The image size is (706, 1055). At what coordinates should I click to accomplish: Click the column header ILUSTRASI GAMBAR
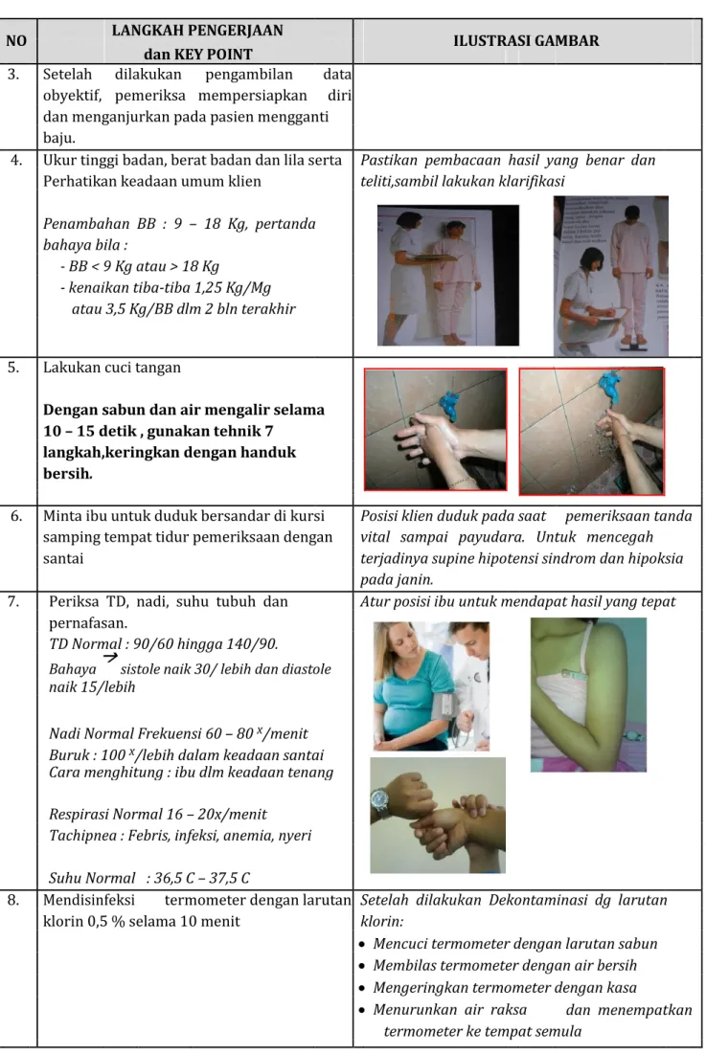526,41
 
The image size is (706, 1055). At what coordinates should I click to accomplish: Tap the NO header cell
17,41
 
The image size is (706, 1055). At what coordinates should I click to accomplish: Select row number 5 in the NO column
13,368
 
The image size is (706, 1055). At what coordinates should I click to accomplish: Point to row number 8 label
13,900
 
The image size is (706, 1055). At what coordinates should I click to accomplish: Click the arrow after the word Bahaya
110,657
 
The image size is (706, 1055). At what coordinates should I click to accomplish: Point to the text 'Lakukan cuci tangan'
112,368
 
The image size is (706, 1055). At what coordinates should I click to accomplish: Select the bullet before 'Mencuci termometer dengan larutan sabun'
362,945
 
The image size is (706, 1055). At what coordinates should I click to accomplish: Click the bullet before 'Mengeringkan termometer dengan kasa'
362,988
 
